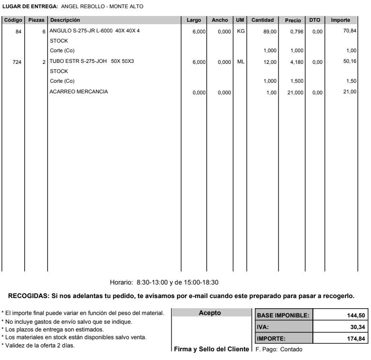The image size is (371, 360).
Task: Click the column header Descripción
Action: tap(65, 20)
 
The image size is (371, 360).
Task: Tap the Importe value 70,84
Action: tap(350, 31)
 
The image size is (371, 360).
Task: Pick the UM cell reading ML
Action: tap(240, 61)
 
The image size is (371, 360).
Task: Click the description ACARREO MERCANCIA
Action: tap(78, 92)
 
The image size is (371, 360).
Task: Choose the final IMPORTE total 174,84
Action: tap(356, 339)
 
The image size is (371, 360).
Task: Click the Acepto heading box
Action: tap(210, 313)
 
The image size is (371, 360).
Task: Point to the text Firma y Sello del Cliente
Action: tap(211, 349)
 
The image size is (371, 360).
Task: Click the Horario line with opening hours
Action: tap(165, 282)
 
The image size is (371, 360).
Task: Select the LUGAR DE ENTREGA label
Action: tap(30, 6)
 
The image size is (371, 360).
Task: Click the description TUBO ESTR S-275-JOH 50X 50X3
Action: tap(92, 61)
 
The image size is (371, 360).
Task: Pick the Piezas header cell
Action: tap(36, 20)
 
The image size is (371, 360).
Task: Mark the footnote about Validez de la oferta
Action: tap(38, 345)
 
